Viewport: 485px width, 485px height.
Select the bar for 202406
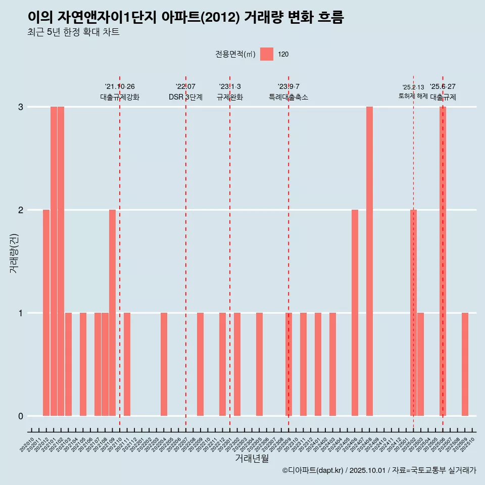coord(355,313)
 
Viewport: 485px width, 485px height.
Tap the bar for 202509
coord(465,364)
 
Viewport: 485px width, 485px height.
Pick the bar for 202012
coord(46,313)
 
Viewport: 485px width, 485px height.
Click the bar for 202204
coord(164,364)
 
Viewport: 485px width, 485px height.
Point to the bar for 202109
coord(112,313)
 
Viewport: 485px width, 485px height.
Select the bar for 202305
coord(259,364)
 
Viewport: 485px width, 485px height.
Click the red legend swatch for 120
coord(267,54)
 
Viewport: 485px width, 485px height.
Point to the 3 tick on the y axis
coord(21,107)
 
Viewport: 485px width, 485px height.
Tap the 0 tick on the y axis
coord(21,416)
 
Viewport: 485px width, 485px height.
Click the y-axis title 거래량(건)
coord(14,253)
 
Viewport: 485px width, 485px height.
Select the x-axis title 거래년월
coord(252,458)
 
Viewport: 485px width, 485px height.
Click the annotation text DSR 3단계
coord(185,97)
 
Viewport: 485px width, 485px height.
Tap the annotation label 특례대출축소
coord(288,97)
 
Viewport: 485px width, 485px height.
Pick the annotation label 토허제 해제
coord(413,96)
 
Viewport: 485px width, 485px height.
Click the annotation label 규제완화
coord(230,97)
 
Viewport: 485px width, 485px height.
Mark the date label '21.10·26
coord(120,87)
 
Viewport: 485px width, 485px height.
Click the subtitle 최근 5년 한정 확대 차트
coord(73,32)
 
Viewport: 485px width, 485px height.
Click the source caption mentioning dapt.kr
coord(379,470)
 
